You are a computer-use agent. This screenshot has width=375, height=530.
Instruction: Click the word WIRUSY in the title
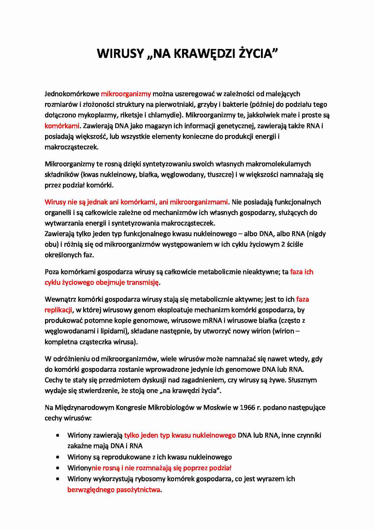[120, 54]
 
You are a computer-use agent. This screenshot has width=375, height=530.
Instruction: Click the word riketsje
[132, 115]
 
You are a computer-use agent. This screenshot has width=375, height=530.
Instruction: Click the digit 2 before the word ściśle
[283, 244]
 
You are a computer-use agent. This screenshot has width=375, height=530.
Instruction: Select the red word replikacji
[58, 310]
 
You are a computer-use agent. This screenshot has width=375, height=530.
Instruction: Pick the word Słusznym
[302, 380]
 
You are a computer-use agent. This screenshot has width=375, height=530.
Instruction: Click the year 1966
[247, 408]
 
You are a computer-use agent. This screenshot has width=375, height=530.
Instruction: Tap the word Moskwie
[217, 408]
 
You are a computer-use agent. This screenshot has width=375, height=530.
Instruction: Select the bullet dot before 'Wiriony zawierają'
[58, 435]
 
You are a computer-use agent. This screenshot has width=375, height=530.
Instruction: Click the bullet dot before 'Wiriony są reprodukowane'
[58, 457]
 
